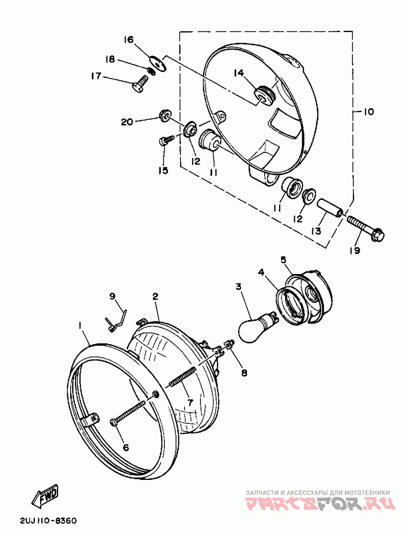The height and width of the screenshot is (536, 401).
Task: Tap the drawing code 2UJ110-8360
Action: [x=48, y=520]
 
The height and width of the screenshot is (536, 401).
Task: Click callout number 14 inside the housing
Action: [x=239, y=73]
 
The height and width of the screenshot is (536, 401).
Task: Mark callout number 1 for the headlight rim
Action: [x=79, y=326]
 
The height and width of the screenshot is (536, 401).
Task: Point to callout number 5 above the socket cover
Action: [x=283, y=259]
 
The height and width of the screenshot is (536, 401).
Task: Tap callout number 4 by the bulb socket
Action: [x=261, y=273]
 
